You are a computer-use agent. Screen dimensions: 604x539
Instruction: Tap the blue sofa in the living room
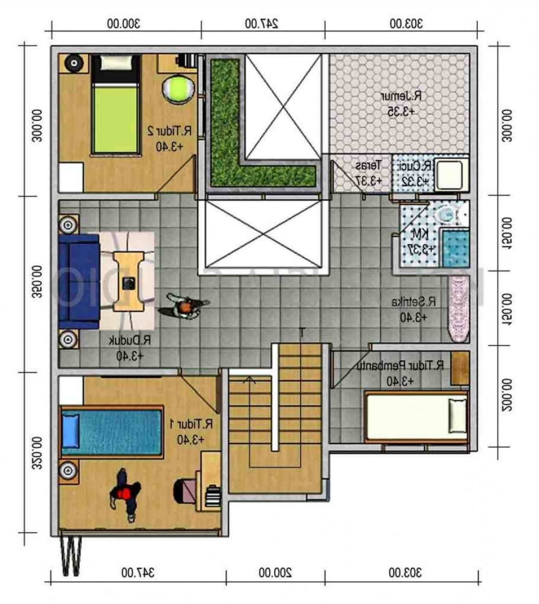(79, 281)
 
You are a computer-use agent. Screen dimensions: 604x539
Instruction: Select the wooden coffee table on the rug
(129, 281)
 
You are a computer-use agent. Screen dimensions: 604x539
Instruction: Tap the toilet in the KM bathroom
(446, 214)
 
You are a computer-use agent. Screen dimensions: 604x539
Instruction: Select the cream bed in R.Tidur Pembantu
(416, 416)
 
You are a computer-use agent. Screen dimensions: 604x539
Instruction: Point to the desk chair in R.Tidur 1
(185, 490)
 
